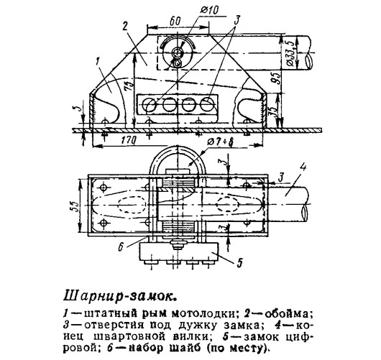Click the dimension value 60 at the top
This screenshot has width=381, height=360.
click(175, 21)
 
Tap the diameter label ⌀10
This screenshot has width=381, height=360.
click(209, 11)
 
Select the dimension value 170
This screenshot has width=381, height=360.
click(128, 141)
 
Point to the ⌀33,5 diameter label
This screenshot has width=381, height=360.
click(290, 52)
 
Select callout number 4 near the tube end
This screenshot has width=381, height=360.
click(303, 168)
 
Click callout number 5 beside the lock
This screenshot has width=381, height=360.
click(239, 262)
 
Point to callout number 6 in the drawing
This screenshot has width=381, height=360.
click(121, 246)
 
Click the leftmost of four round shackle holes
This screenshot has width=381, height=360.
click(149, 105)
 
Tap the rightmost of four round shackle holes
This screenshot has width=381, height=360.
click(207, 105)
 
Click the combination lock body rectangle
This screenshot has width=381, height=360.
click(179, 252)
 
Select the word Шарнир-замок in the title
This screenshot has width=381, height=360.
click(119, 297)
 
